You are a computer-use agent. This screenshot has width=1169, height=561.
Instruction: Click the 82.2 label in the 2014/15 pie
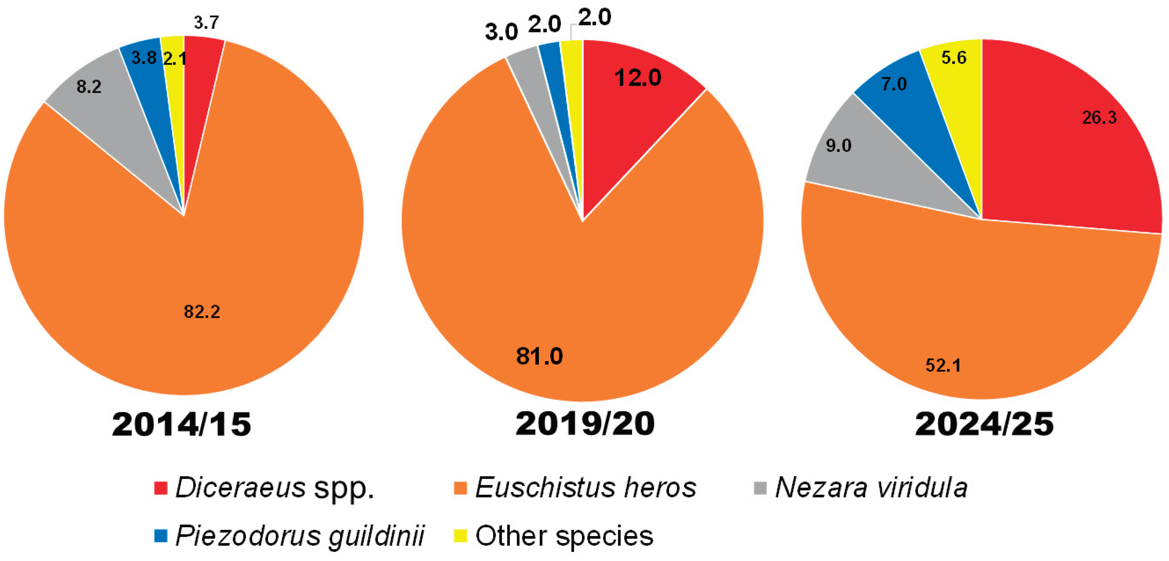tap(202, 312)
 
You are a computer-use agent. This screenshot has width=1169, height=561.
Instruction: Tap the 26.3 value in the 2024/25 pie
tap(1099, 118)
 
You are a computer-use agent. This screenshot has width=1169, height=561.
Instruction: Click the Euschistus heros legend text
tap(585, 488)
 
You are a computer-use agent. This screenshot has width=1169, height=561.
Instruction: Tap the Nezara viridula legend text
tap(871, 488)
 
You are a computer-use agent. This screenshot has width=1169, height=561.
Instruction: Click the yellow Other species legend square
tap(461, 536)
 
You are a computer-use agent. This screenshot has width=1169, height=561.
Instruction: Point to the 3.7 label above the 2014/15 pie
tap(207, 23)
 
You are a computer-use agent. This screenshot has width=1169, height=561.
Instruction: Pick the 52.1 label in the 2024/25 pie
tap(943, 365)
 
